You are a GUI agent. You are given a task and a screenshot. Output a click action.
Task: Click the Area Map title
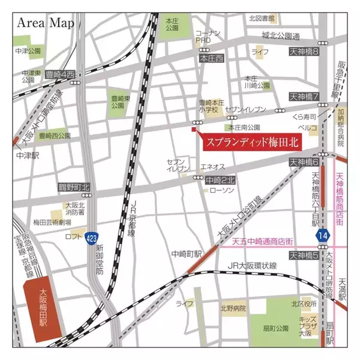pyautogui.click(x=46, y=23)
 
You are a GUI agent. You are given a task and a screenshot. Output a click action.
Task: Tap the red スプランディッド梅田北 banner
pyautogui.click(x=251, y=143)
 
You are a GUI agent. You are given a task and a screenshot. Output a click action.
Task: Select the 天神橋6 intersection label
pyautogui.click(x=304, y=162)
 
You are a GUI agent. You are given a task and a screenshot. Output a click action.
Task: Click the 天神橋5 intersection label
pyautogui.click(x=304, y=256)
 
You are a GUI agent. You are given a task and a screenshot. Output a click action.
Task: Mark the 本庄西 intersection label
pyautogui.click(x=211, y=58)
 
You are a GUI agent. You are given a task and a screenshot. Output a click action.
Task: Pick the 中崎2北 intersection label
pyautogui.click(x=220, y=179)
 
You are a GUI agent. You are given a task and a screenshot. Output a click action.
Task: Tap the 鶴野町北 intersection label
pyautogui.click(x=74, y=187)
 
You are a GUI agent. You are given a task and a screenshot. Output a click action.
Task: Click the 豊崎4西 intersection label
pyautogui.click(x=62, y=74)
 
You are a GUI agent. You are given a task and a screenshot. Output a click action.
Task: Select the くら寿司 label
pyautogui.click(x=304, y=117)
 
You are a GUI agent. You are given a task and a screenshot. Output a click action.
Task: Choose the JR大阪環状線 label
pyautogui.click(x=251, y=266)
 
